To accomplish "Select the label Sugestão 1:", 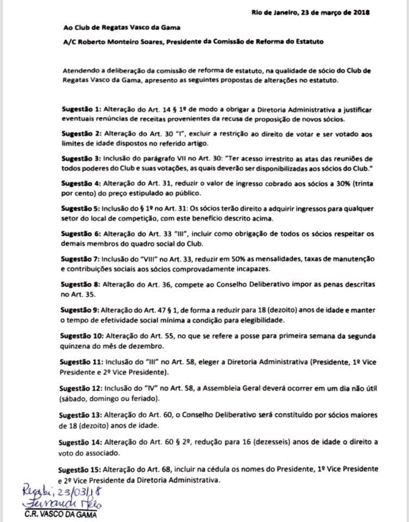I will pos(83,109).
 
